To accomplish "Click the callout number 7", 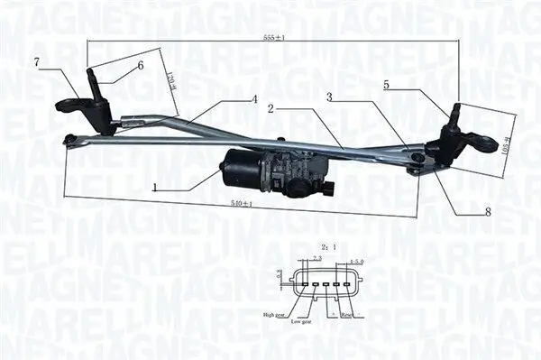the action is (37, 61).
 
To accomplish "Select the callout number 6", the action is (141, 65).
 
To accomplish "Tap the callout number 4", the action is (255, 98).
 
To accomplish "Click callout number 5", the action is (386, 85).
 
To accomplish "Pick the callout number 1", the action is (156, 189).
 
